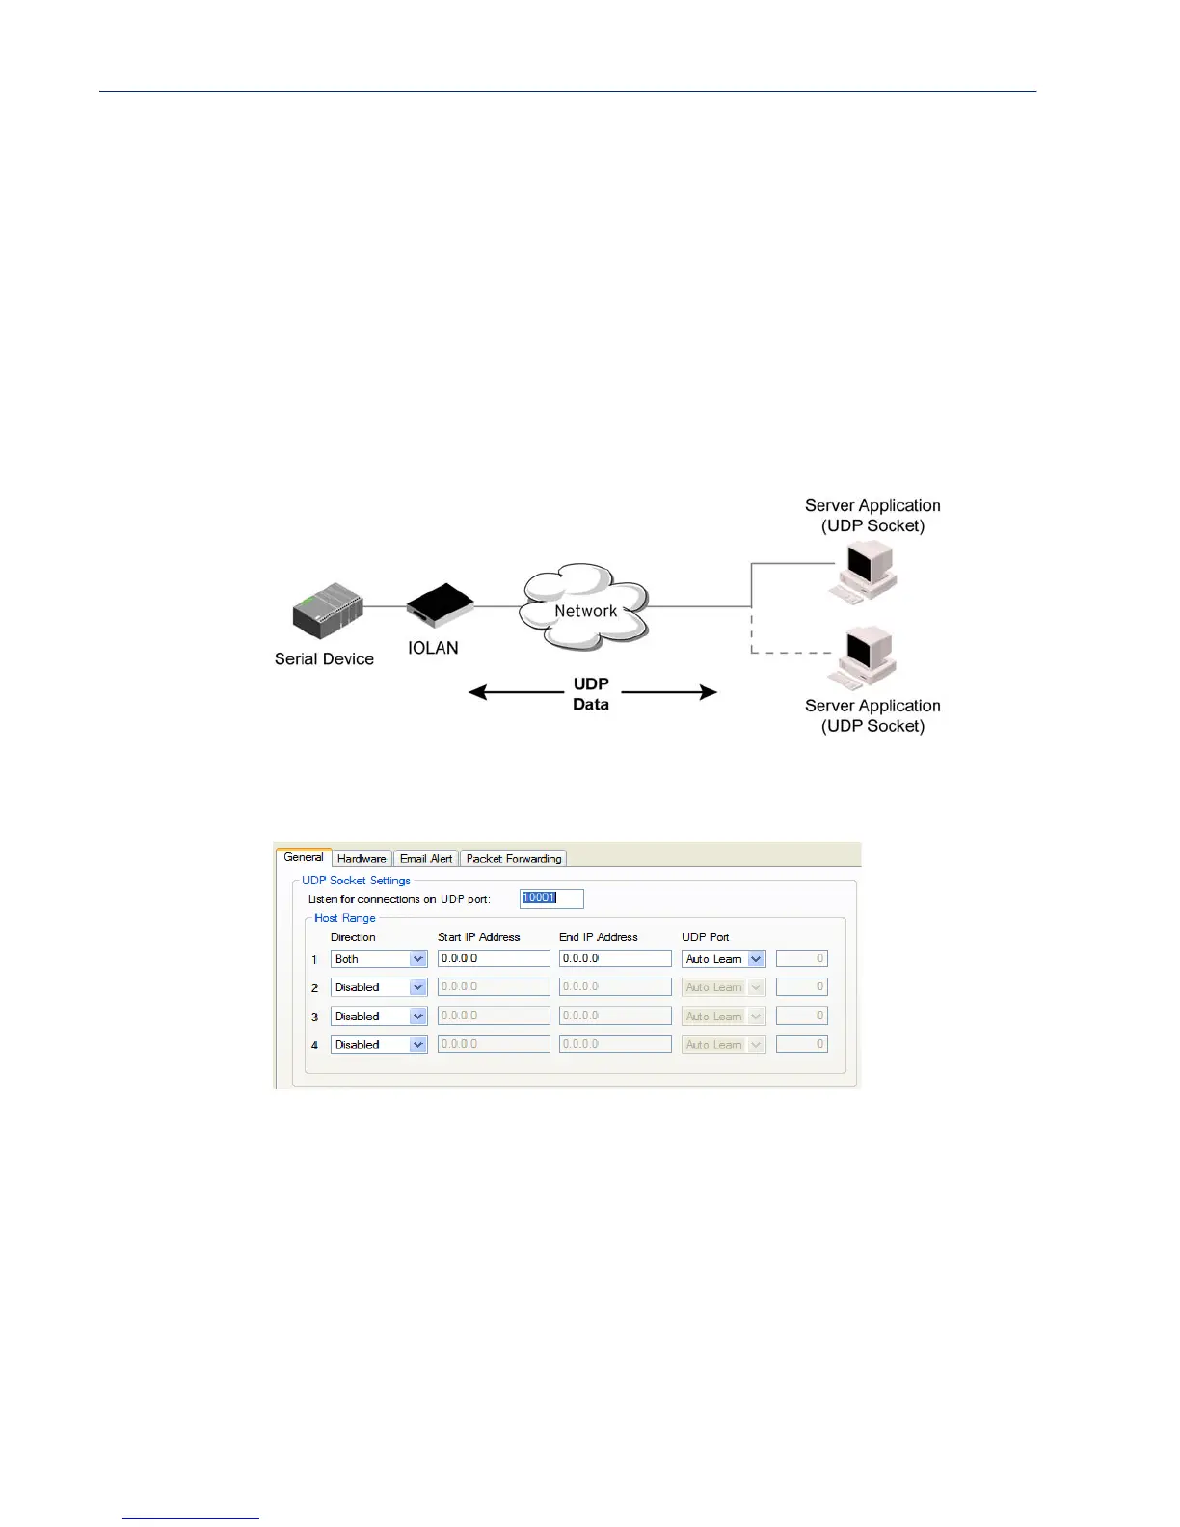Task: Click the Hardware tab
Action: point(362,858)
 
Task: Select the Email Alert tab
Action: point(426,858)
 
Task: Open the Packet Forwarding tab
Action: point(513,858)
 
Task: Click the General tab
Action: point(304,857)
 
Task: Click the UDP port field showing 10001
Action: point(551,898)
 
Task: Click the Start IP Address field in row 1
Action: point(493,958)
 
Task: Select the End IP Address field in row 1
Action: point(614,958)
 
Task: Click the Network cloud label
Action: point(585,610)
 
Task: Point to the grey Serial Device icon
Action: point(328,610)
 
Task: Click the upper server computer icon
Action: point(867,573)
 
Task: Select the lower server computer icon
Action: point(867,657)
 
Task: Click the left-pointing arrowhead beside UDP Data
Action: point(476,692)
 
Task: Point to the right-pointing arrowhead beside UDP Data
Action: point(709,692)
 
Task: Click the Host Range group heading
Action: point(344,918)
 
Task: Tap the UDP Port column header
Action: point(705,937)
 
